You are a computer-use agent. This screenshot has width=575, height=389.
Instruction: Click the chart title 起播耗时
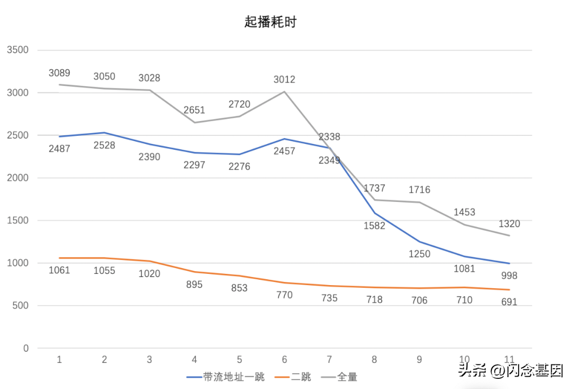[270, 22]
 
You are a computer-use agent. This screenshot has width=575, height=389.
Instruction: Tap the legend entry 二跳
[301, 377]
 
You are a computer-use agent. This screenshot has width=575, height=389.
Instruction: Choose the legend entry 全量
[347, 377]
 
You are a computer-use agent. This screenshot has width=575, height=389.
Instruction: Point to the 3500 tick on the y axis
[18, 50]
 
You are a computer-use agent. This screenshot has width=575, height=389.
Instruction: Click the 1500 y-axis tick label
[18, 221]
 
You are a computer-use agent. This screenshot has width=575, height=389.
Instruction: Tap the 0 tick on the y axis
[25, 349]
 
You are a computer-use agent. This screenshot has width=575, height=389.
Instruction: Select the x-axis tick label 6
[284, 360]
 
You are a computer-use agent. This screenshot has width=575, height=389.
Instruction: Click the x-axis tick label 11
[509, 360]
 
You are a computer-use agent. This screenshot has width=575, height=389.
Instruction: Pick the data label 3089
[59, 73]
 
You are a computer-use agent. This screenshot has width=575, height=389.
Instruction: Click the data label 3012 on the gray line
[284, 80]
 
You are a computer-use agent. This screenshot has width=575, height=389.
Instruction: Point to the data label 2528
[104, 145]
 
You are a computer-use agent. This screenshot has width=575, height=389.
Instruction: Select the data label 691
[509, 302]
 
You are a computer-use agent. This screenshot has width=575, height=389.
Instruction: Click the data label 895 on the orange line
[194, 285]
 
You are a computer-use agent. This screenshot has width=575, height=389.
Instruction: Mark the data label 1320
[509, 224]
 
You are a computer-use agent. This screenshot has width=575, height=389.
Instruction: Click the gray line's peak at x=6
[284, 92]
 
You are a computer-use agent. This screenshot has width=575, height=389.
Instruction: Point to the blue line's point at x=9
[419, 242]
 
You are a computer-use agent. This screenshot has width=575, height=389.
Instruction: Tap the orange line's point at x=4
[194, 272]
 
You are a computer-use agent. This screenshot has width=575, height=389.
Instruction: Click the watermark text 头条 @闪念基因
[511, 370]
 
